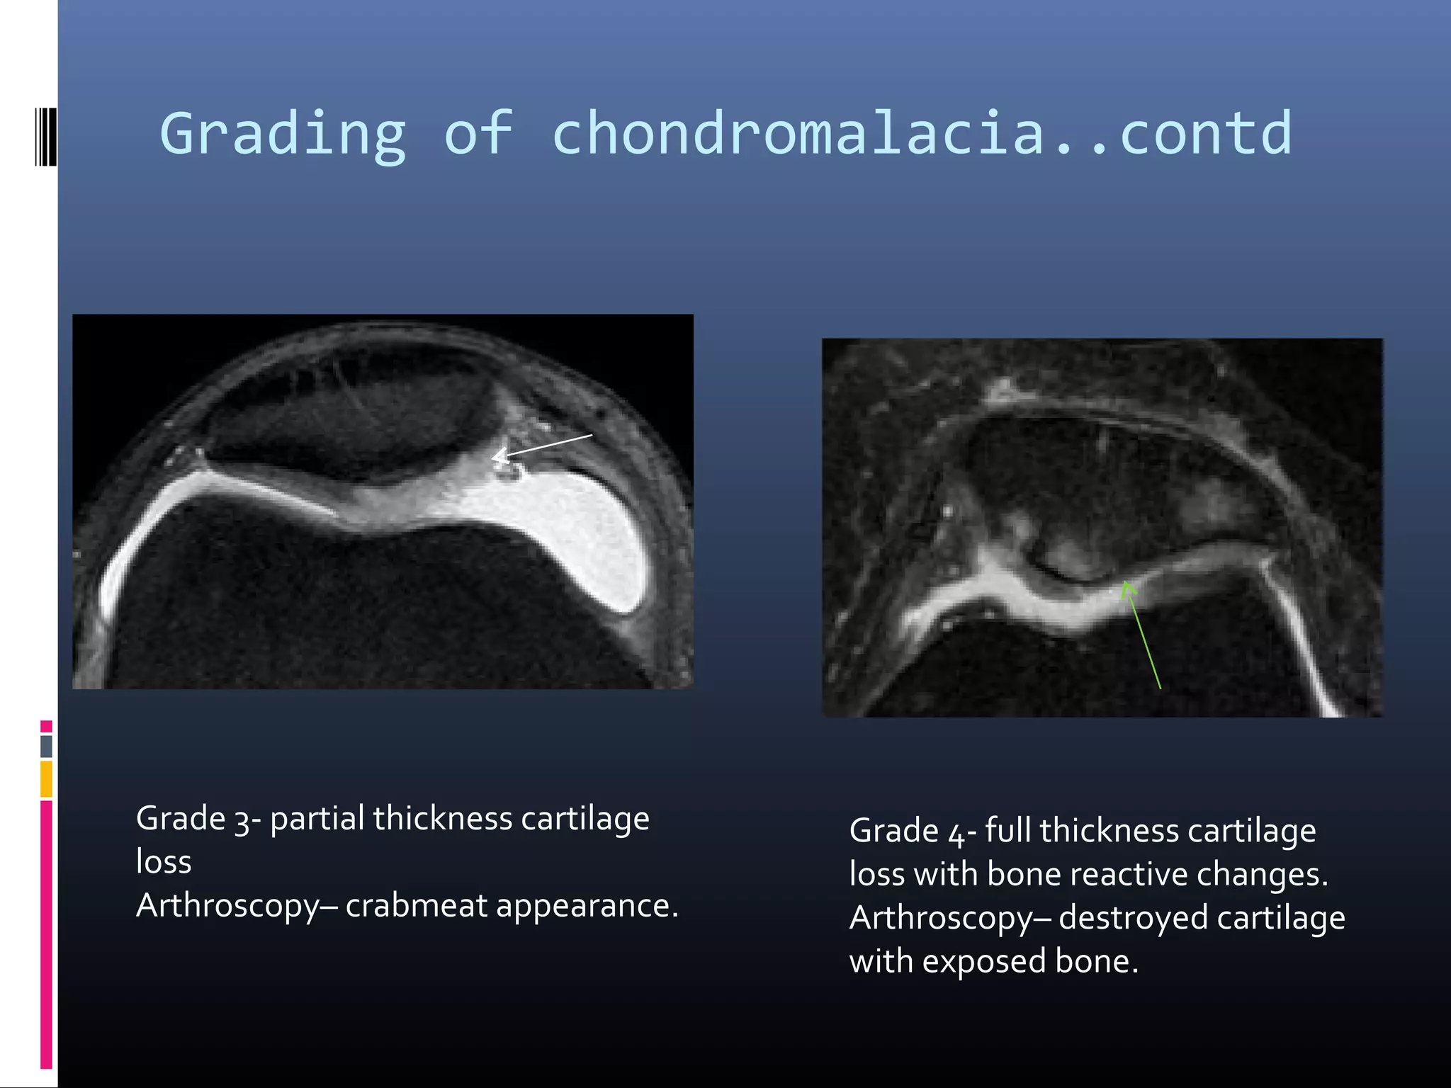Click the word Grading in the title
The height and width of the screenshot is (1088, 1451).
pyautogui.click(x=282, y=135)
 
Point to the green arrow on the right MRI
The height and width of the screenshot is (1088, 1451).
pyautogui.click(x=1141, y=633)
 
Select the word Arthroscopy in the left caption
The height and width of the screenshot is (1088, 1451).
pyautogui.click(x=227, y=906)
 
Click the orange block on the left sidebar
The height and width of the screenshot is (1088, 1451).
pyautogui.click(x=46, y=778)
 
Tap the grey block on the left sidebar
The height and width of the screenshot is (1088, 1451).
pyautogui.click(x=46, y=746)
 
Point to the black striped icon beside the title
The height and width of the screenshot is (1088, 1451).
pyautogui.click(x=45, y=136)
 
